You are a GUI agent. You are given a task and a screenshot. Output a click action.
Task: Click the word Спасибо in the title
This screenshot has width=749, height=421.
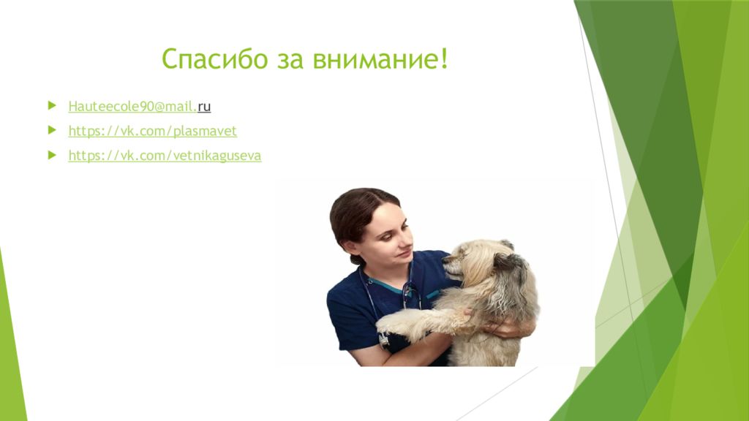tap(215, 59)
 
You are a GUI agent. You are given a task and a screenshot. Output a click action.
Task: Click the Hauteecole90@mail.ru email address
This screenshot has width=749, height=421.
tap(140, 106)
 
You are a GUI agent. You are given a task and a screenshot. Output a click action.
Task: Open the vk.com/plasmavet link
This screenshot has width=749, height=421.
tap(152, 131)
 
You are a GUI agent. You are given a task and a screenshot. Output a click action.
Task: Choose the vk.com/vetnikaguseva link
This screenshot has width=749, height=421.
tap(165, 156)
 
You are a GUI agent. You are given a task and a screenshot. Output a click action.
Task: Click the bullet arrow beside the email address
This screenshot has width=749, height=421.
tap(52, 105)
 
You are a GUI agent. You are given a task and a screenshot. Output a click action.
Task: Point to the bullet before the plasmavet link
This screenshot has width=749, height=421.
tap(52, 130)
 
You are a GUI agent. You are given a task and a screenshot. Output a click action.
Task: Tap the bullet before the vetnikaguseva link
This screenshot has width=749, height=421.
tap(52, 155)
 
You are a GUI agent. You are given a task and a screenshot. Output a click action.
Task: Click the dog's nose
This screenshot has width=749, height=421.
tap(445, 259)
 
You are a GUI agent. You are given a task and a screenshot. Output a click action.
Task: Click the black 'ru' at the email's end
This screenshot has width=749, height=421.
tap(204, 106)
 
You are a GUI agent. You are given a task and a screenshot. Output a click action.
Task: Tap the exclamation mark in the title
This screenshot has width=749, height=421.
tap(444, 59)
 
